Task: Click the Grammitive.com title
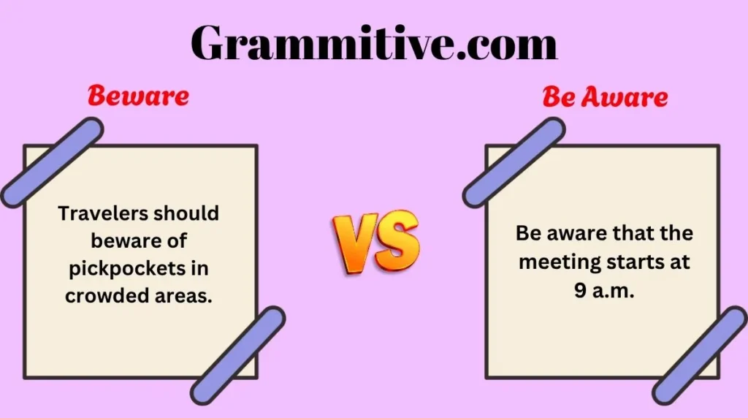(374, 43)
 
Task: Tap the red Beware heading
(138, 96)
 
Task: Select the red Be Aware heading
(605, 97)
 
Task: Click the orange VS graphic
(376, 241)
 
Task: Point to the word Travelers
(100, 213)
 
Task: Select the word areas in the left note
(183, 297)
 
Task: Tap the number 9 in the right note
(580, 290)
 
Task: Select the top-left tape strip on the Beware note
(52, 163)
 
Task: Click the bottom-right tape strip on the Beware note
(238, 355)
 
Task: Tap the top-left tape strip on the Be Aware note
(514, 163)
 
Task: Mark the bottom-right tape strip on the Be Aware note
(700, 355)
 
